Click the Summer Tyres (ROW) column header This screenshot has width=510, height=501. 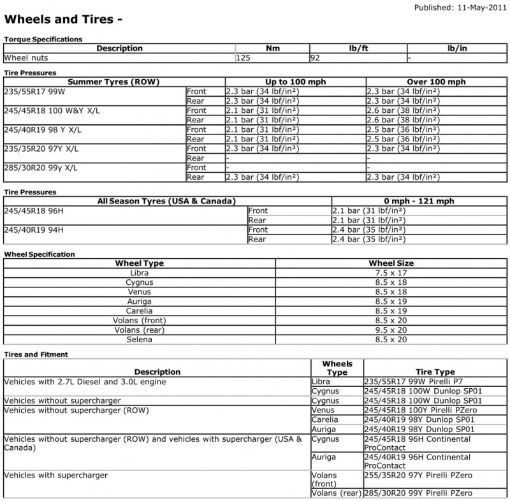tap(113, 82)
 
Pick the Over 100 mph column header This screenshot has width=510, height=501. tap(437, 82)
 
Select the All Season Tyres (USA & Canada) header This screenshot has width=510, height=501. tap(166, 201)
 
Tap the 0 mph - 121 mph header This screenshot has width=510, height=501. tap(419, 201)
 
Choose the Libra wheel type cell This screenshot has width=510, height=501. tap(139, 272)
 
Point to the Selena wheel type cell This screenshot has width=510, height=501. tap(139, 339)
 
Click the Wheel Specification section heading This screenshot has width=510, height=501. tap(40, 254)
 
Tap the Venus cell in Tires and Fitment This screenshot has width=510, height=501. tap(323, 410)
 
